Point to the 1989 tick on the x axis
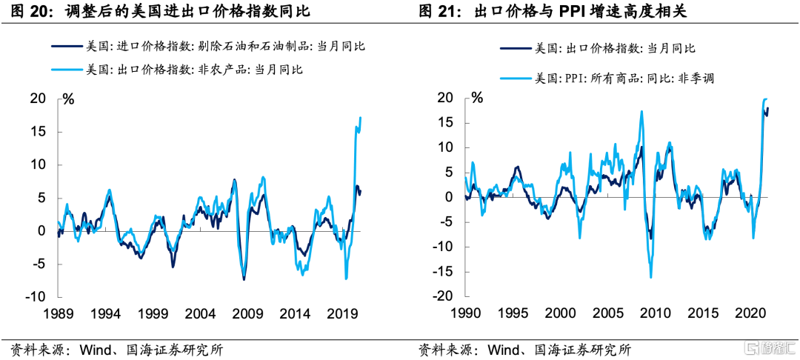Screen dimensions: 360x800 coord(59,313)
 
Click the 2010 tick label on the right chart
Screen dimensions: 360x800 coord(656,313)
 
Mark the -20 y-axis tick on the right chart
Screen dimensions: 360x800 coord(444,296)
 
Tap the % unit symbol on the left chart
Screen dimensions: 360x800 coord(68,99)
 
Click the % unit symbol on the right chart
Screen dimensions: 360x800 coord(477,98)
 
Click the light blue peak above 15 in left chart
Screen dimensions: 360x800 coord(360,118)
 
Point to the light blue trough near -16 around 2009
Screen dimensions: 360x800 coord(651,277)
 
